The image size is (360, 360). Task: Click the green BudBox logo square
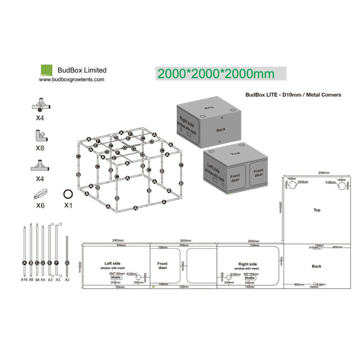coord(46,70)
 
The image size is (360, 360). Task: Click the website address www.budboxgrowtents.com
coord(72,80)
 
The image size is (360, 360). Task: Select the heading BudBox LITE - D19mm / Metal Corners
coord(293,95)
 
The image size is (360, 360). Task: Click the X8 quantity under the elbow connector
coord(40,148)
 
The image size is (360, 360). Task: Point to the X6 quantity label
coord(40,206)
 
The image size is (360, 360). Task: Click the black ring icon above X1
coord(68,194)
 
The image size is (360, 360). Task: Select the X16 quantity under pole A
coord(24,279)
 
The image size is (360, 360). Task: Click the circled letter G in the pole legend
coord(67,263)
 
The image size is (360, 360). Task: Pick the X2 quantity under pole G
coord(67,279)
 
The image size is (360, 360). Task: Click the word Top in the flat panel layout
coord(317,210)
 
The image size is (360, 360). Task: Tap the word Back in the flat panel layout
coord(317,266)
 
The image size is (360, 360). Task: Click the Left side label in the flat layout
coord(112,263)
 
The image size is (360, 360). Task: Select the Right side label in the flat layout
coord(248,264)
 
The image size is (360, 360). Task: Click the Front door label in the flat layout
coord(162,266)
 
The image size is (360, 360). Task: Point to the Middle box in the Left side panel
coord(116,278)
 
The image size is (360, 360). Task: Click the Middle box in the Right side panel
coord(250,278)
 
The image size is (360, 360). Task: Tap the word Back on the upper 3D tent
coord(221,130)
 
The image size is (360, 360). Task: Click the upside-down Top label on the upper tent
coord(209,107)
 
